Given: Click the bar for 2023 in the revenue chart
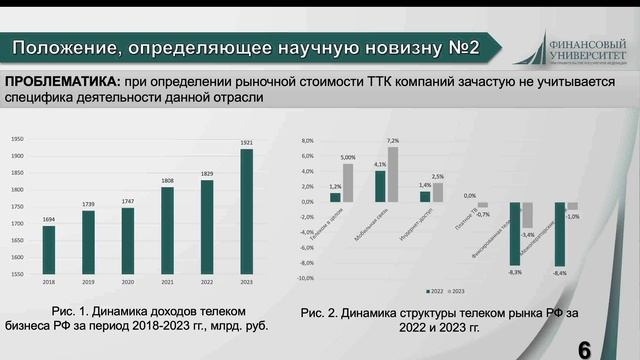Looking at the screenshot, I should [x=246, y=210].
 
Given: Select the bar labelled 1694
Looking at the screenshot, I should [x=48, y=249].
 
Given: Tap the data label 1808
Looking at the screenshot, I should [x=167, y=181].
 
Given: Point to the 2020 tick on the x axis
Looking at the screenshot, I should [x=128, y=283].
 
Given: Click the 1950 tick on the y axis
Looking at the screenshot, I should [x=18, y=139].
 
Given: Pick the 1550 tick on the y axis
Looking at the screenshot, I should [x=18, y=273].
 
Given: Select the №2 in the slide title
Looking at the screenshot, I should [x=460, y=47].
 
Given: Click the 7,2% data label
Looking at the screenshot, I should [x=393, y=140].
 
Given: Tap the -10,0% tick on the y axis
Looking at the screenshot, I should [x=307, y=278].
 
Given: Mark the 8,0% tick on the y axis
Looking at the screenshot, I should [x=308, y=141].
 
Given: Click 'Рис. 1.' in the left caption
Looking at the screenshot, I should [x=71, y=313].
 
